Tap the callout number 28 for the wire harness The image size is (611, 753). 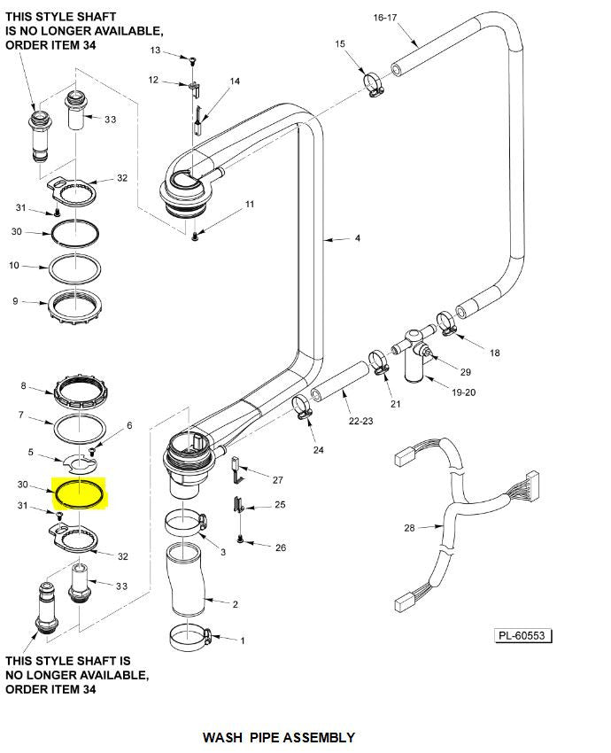click(x=409, y=528)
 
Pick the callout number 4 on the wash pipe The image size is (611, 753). click(x=357, y=238)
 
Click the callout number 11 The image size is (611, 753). click(x=249, y=205)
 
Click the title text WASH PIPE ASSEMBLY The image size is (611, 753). click(x=279, y=737)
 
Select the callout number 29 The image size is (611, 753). click(x=466, y=372)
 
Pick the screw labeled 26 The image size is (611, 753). click(x=240, y=538)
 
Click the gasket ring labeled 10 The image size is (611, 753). click(x=77, y=266)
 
